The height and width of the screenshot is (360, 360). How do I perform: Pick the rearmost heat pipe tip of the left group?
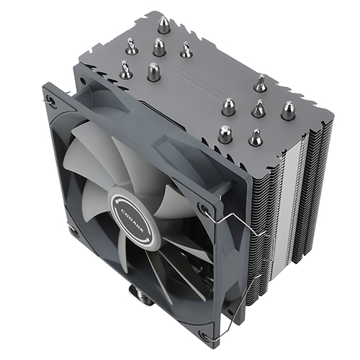point(165,26)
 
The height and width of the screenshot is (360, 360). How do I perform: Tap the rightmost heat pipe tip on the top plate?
point(289,110)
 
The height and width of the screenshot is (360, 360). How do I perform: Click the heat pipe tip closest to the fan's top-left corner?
point(126,71)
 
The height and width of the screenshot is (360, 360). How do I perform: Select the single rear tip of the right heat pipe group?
point(260,84)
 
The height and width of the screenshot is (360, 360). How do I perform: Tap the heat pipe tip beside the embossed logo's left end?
point(153,70)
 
